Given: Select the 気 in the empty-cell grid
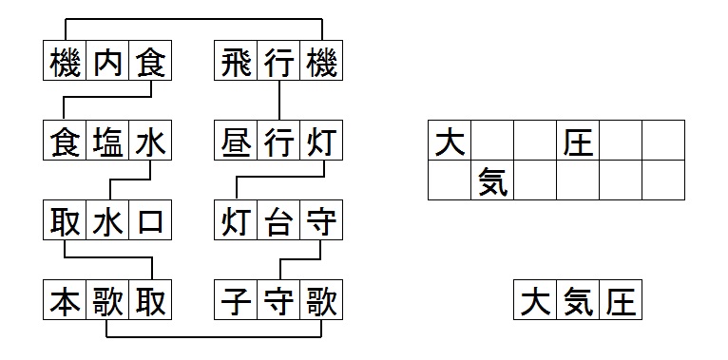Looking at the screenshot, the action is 492,180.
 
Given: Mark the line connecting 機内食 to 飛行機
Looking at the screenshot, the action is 193,19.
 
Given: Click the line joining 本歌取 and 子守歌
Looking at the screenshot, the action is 214,337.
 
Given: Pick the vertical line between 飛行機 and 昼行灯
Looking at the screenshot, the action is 278,100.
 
